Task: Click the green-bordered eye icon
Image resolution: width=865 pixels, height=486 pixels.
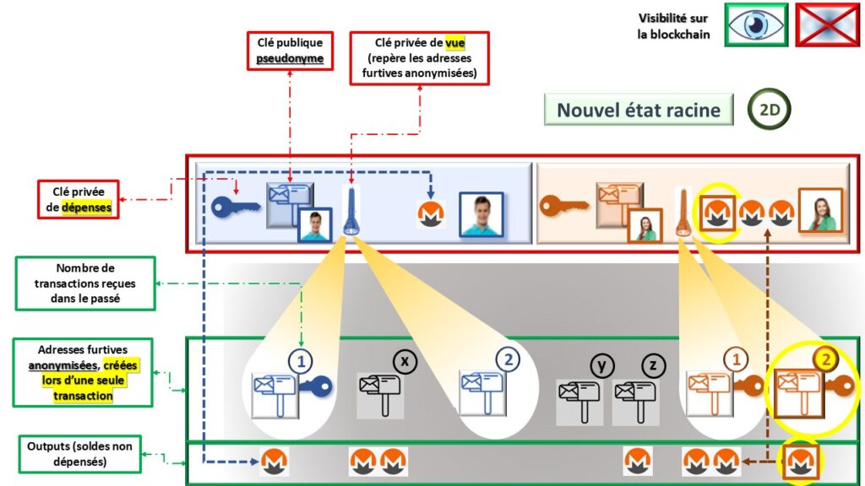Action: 755,24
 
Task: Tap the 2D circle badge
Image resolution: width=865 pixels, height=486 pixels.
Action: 770,111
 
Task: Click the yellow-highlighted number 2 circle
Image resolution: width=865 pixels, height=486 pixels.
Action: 826,358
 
